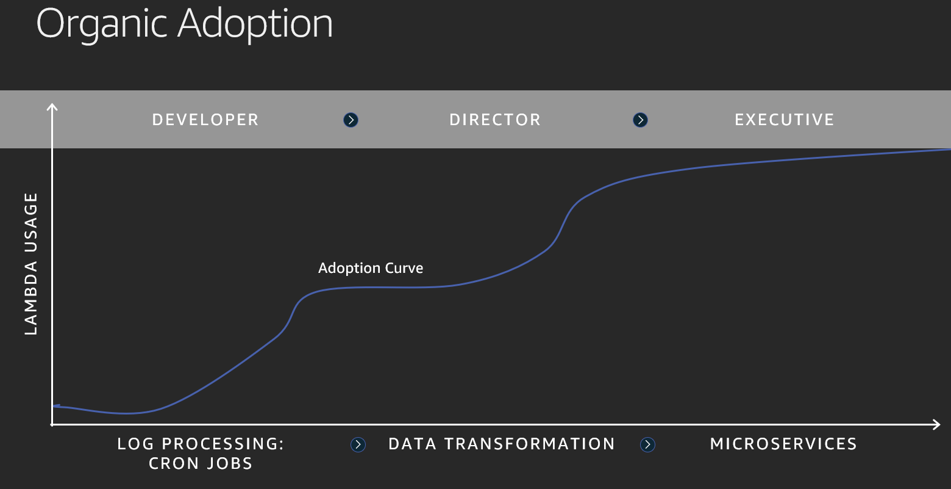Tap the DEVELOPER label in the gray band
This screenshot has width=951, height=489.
pos(205,120)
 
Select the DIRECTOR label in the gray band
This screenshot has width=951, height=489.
pos(495,120)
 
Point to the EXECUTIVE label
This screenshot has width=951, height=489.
pos(785,120)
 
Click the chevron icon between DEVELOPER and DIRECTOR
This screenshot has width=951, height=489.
pos(351,120)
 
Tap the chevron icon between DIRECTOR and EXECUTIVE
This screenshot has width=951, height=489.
pos(640,120)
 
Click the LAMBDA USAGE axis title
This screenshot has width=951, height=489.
pos(31,264)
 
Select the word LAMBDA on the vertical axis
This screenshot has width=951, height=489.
pos(31,298)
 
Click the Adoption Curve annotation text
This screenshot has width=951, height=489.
pos(371,268)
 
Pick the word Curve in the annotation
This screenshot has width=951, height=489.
pos(404,268)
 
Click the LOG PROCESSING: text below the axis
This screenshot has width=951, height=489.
pos(201,444)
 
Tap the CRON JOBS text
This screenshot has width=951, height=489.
pos(201,463)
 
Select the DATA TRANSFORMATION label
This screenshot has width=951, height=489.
pos(501,444)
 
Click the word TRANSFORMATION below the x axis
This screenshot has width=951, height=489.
pos(529,444)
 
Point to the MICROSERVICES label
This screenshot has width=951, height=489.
pos(783,444)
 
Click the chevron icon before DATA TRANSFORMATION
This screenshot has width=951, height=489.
pos(358,445)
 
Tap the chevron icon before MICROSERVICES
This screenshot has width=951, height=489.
pos(647,445)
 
